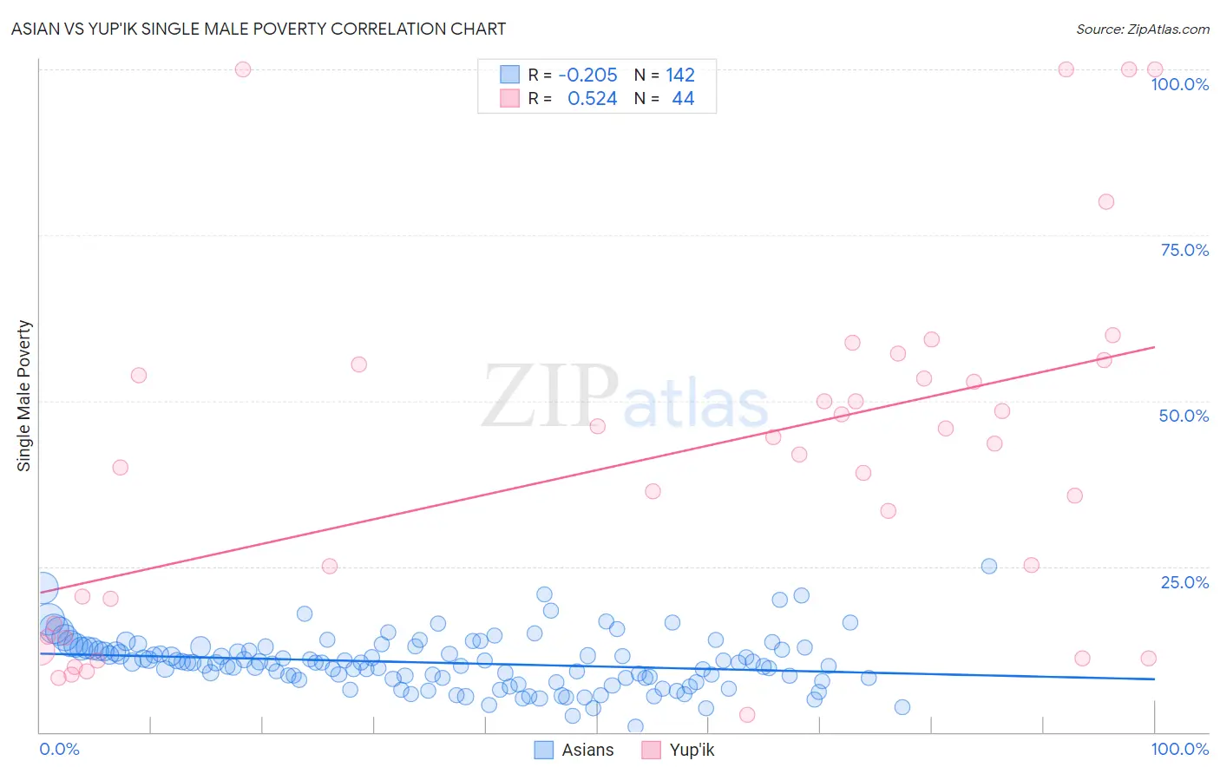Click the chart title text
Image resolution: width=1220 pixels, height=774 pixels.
tap(259, 29)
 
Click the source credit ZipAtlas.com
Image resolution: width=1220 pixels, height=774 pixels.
tap(1142, 29)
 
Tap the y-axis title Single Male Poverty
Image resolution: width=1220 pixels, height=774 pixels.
tap(24, 396)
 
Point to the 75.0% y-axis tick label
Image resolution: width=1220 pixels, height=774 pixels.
tap(1184, 250)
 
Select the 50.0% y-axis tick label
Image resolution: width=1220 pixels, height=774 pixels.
tap(1184, 416)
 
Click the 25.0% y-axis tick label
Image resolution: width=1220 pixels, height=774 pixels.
tap(1184, 582)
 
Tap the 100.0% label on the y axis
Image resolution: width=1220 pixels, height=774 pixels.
tap(1179, 84)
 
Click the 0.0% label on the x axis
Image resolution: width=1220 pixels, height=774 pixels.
tap(59, 749)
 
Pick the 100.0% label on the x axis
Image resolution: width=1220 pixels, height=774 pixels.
tap(1179, 749)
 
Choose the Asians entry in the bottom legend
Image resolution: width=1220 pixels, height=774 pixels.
tap(587, 750)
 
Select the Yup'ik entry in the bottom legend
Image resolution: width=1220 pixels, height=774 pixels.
tap(692, 750)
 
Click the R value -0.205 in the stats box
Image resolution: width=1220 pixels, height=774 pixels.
tap(587, 75)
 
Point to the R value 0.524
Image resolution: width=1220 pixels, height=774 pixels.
tap(592, 99)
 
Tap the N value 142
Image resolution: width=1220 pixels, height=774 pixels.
tap(680, 75)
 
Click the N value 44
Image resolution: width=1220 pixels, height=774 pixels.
tap(683, 99)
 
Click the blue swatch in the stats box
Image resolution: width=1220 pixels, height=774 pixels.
tap(509, 75)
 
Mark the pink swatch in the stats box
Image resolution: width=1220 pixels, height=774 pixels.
tap(509, 98)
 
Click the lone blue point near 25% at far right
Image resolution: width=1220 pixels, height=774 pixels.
tap(988, 566)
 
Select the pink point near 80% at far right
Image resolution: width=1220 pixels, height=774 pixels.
tap(1105, 201)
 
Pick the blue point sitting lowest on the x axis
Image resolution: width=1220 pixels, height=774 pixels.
tap(635, 726)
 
